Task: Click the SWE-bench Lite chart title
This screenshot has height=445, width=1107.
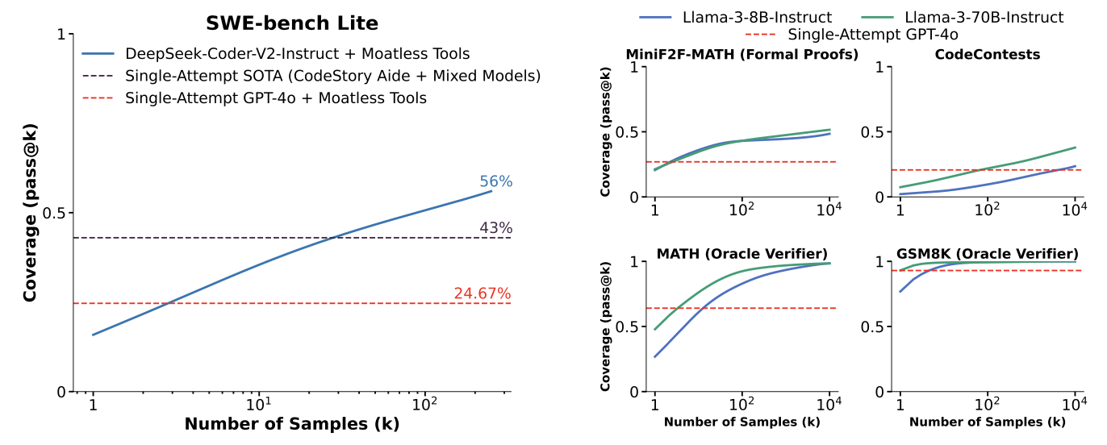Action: pyautogui.click(x=292, y=22)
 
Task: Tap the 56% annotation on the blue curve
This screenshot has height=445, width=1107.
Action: pyautogui.click(x=495, y=181)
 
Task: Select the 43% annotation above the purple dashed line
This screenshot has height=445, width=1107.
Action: pyautogui.click(x=495, y=228)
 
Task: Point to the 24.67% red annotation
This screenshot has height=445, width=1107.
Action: pyautogui.click(x=482, y=293)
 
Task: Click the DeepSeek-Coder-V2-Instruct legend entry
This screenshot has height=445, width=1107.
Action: pyautogui.click(x=297, y=55)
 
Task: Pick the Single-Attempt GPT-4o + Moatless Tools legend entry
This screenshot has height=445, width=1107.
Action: pyautogui.click(x=275, y=98)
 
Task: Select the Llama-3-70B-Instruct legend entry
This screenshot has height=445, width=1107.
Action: pyautogui.click(x=968, y=17)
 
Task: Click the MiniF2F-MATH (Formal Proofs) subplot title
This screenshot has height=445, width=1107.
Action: pyautogui.click(x=741, y=55)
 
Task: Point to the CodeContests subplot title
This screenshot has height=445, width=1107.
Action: pyautogui.click(x=987, y=55)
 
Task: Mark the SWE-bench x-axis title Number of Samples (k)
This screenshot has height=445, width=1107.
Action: pyautogui.click(x=291, y=425)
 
